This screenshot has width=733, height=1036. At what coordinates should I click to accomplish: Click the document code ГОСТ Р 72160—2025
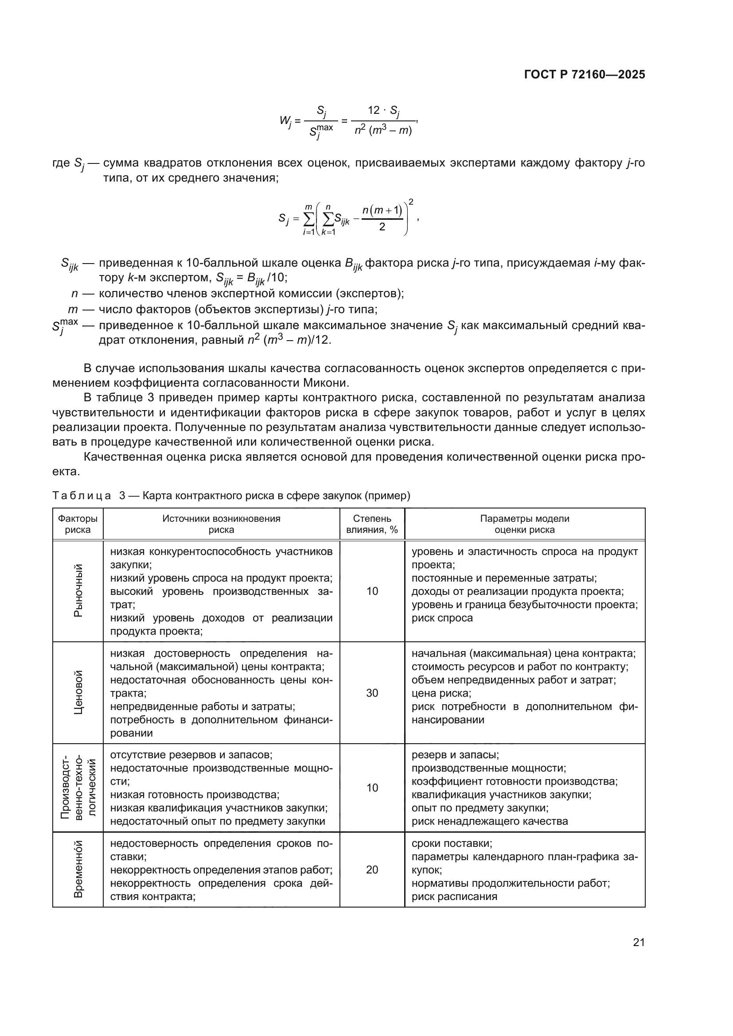pos(585,75)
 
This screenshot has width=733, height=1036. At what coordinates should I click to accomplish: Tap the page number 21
pos(638,942)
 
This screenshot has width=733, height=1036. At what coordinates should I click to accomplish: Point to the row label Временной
pos(78,869)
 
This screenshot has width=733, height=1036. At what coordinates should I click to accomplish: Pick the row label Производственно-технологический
pos(78,788)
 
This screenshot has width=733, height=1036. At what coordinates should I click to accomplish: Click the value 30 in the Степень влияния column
pos(372,693)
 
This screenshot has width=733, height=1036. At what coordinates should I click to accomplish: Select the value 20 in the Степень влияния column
pos(372,869)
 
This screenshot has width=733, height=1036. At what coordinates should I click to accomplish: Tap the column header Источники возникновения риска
pos(221,524)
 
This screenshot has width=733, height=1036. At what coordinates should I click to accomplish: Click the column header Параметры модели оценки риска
pos(524,524)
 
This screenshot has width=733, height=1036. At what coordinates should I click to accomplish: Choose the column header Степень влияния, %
pos(372,524)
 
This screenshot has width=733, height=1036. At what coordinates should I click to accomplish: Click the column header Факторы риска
pos(78,524)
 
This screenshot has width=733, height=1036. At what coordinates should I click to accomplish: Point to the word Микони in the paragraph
pos(326,383)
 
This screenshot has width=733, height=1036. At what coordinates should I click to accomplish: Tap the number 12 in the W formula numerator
pos(374,110)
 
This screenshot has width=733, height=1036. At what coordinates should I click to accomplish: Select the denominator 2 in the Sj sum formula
pos(382,227)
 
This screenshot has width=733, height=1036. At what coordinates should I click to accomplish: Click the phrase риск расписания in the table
pos(454,896)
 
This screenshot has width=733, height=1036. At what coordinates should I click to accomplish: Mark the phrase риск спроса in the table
pos(442,618)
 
